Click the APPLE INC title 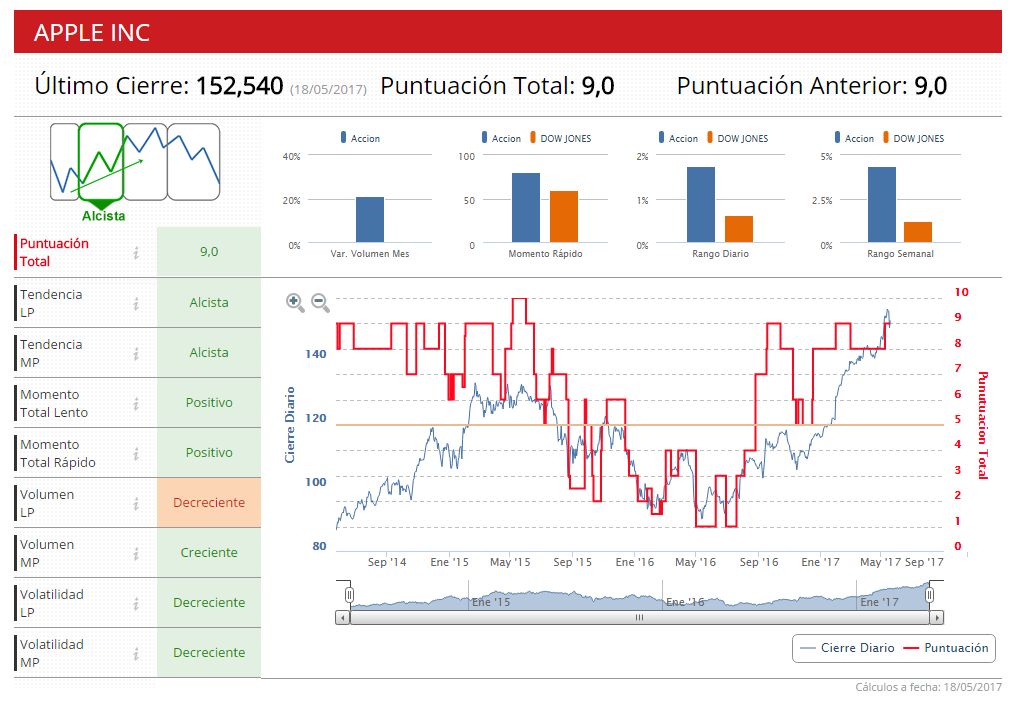coord(92,32)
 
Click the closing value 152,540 coord(239,86)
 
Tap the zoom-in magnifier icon coord(295,302)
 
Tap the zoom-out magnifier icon coord(320,302)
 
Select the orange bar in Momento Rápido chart coord(564,216)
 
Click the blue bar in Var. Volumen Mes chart coord(370,219)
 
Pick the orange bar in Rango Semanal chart coord(918,231)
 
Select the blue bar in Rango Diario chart coord(701,204)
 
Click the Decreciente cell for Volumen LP coord(209,503)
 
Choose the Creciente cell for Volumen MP coord(209,553)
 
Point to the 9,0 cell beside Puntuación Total coord(209,252)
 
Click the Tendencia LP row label coord(52,303)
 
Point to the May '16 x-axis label coord(696,562)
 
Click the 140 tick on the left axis coord(316,354)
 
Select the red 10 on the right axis coord(962,292)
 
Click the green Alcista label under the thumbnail coord(104,216)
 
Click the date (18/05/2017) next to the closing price coord(328,90)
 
